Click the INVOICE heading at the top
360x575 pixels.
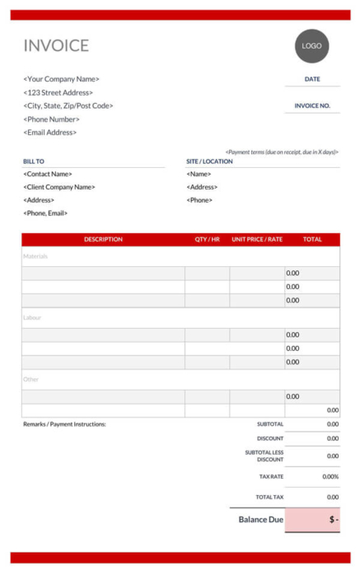[56, 46]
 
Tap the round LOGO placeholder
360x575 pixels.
[311, 46]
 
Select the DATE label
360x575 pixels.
[312, 79]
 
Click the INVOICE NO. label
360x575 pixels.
[312, 105]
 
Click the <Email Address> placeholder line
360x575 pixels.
[49, 133]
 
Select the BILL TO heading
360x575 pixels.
[34, 161]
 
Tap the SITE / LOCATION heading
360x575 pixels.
[209, 161]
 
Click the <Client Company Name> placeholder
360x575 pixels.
[59, 187]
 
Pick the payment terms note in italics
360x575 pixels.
[282, 152]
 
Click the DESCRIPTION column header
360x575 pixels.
[103, 240]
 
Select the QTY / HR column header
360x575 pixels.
[207, 240]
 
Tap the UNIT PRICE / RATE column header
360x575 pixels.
[257, 240]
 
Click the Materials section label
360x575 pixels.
[35, 256]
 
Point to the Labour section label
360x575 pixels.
[32, 317]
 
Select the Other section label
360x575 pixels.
[30, 379]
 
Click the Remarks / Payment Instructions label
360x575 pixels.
[64, 424]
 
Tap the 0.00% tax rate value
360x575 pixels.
[330, 476]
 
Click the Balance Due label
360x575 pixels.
[261, 520]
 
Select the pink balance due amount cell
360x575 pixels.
[312, 520]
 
